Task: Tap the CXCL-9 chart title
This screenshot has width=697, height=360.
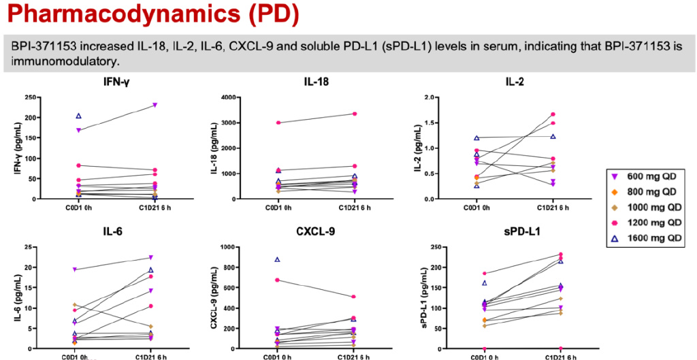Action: click(x=296, y=233)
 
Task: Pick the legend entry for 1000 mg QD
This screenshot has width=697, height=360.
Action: click(x=651, y=208)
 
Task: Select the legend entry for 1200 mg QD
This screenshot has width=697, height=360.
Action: click(x=651, y=222)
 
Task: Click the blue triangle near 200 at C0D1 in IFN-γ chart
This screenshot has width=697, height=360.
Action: click(x=79, y=116)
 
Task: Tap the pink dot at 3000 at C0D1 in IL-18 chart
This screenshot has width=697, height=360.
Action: click(x=277, y=122)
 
